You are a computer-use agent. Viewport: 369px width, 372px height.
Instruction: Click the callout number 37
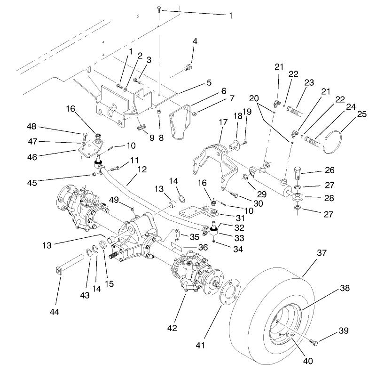[x=308, y=253]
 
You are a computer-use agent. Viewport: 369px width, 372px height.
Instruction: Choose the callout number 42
[x=172, y=328]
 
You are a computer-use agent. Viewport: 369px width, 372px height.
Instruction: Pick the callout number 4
[x=194, y=42]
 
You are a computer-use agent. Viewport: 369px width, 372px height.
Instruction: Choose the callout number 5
[x=195, y=83]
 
